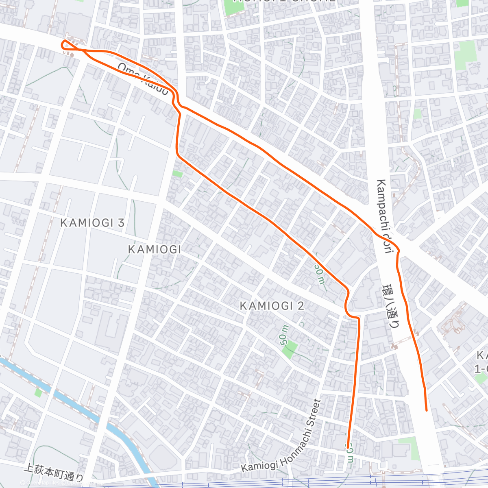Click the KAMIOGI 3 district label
pyautogui.click(x=92, y=223)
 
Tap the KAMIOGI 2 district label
pyautogui.click(x=272, y=306)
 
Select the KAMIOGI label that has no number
pyautogui.click(x=155, y=249)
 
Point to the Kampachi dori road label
pyautogui.click(x=384, y=216)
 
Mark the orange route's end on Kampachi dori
pyautogui.click(x=426, y=410)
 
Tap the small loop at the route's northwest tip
pyautogui.click(x=65, y=44)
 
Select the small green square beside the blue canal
pyautogui.click(x=38, y=393)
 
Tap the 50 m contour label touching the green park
pyautogui.click(x=284, y=335)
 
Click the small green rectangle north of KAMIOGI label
pyautogui.click(x=177, y=174)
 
